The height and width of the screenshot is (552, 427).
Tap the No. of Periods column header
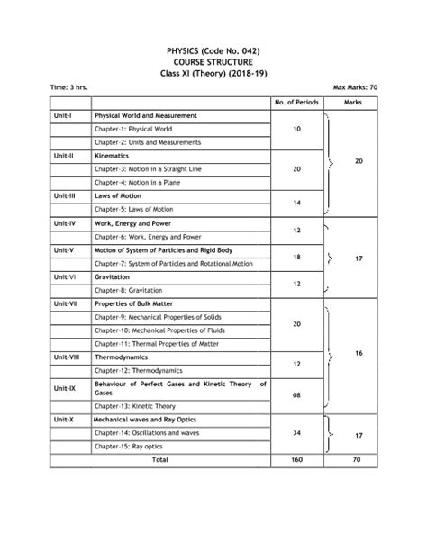tap(296, 103)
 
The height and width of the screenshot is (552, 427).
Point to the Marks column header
tap(359, 103)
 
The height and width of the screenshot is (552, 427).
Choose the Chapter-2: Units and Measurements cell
tap(146, 142)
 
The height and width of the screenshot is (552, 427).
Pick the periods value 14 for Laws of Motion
tap(296, 201)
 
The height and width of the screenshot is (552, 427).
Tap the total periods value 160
tap(296, 460)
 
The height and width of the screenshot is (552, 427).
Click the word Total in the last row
tap(159, 460)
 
